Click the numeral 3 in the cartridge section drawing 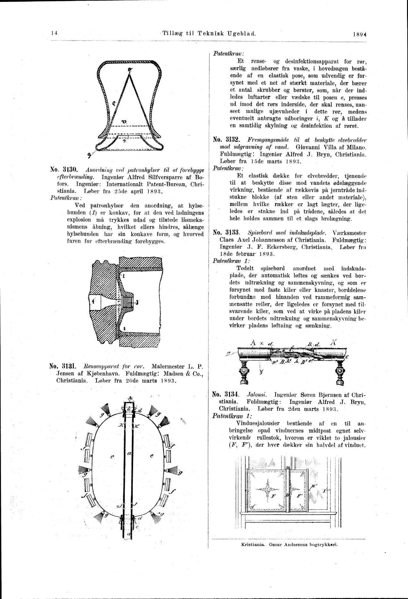(137, 302)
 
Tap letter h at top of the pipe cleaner (130, 397)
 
